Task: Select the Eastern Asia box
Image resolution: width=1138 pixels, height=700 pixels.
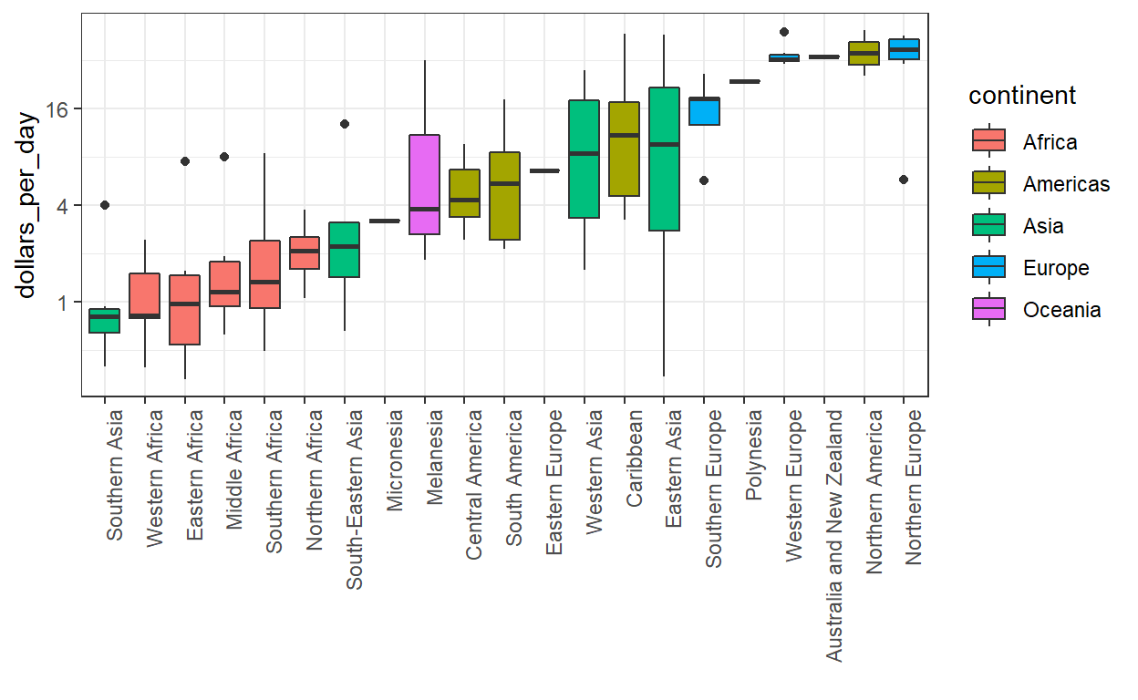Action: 664,159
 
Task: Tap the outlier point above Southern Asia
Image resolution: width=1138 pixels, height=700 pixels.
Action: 105,205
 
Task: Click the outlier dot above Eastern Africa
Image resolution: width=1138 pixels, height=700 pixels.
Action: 185,161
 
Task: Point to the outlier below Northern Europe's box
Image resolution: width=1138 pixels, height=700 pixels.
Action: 904,180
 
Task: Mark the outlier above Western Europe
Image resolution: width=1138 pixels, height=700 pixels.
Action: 784,32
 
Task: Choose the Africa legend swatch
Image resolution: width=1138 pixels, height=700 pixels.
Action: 988,142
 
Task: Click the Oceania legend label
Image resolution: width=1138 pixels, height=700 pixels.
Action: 1061,310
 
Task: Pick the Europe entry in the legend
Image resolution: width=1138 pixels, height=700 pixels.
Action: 1056,268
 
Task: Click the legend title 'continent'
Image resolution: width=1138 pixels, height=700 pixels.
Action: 1022,96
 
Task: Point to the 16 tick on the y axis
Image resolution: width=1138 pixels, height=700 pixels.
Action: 60,108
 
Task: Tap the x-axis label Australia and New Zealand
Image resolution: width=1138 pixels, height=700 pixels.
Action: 835,534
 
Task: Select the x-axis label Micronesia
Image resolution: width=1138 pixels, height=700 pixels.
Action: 396,460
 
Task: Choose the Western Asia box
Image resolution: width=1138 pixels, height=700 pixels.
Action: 584,159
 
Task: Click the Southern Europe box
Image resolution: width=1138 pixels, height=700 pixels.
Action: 705,111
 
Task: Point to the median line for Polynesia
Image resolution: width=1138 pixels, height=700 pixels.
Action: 745,82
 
